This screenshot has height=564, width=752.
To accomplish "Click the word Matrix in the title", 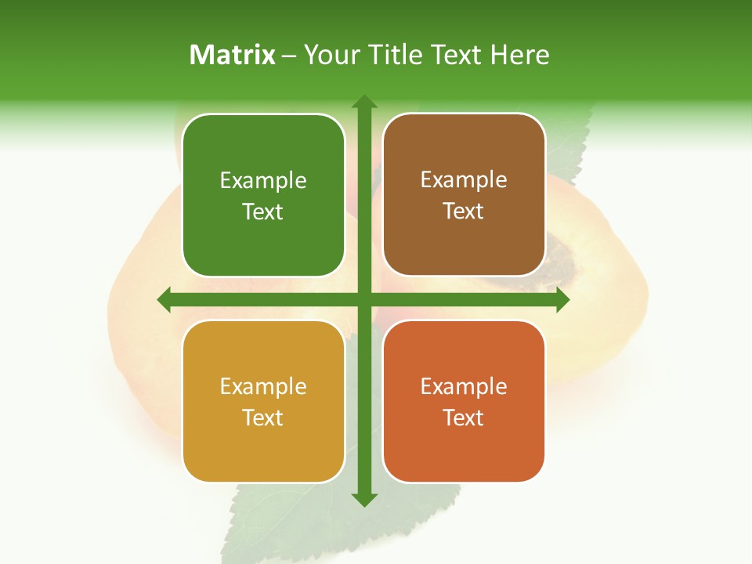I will pyautogui.click(x=233, y=55).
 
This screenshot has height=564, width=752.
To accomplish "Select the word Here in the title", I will pyautogui.click(x=520, y=55).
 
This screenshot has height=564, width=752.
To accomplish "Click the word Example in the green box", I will pyautogui.click(x=263, y=181).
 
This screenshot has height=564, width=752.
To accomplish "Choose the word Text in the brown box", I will pyautogui.click(x=464, y=211).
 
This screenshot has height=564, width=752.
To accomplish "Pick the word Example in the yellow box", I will pyautogui.click(x=263, y=387).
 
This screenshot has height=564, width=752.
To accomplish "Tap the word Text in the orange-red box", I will pyautogui.click(x=464, y=418).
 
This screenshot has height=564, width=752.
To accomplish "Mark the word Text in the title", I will pyautogui.click(x=454, y=55).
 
